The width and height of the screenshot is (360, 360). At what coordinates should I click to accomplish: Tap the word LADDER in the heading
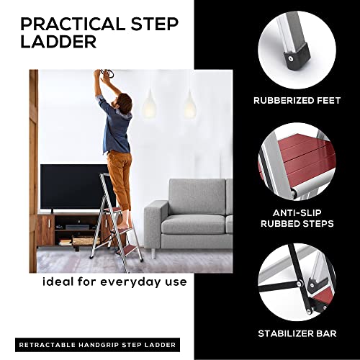click(x=58, y=42)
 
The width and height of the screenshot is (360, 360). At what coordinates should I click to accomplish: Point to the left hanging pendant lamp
click(x=151, y=104)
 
